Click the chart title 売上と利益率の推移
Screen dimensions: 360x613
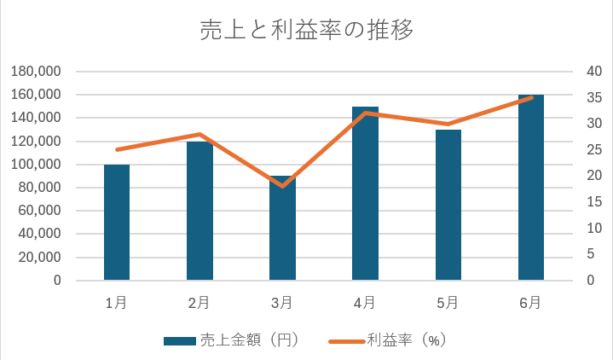306,31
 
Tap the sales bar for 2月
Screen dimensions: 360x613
200,211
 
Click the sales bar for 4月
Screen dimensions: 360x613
365,194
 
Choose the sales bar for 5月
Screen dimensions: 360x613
448,205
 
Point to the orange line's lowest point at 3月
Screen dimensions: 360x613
282,186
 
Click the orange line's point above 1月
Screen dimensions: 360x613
117,149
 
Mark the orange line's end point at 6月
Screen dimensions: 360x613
530,97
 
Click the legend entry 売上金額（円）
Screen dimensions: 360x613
230,340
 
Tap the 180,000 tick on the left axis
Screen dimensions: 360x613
37,72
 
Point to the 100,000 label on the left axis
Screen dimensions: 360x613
37,165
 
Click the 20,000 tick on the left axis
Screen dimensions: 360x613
40,257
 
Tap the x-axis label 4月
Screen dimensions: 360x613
365,302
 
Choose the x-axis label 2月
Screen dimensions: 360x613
200,302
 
